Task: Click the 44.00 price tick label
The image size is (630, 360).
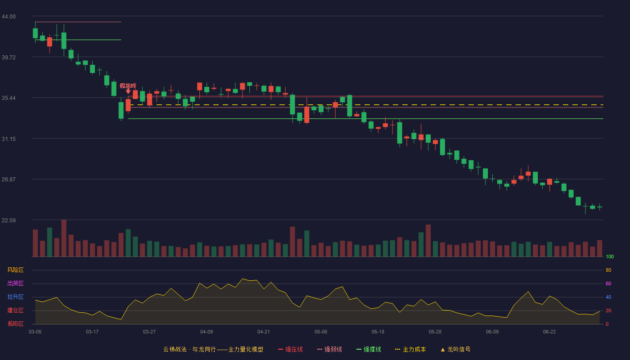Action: [9, 17]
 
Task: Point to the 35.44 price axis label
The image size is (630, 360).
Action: [9, 98]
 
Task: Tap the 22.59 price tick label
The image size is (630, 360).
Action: [9, 220]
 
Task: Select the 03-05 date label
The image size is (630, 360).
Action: [35, 332]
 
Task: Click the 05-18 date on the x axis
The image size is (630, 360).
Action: [378, 332]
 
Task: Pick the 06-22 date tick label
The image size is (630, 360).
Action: [549, 332]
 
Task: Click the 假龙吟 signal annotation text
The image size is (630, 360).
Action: [128, 85]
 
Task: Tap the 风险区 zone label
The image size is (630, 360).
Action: [15, 270]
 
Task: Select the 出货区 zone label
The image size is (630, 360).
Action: [15, 283]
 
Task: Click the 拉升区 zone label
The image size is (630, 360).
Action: [15, 297]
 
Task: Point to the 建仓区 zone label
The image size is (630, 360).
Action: [15, 310]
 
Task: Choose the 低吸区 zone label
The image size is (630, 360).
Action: [15, 324]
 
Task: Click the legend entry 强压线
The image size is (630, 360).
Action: [290, 349]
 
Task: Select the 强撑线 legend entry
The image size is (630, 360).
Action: [369, 349]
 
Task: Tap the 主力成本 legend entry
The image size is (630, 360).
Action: [410, 349]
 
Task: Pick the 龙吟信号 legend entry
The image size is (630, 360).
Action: [455, 349]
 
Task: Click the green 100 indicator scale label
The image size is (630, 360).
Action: [610, 256]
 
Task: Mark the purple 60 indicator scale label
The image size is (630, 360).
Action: [608, 283]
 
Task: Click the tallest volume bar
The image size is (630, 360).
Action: [64, 238]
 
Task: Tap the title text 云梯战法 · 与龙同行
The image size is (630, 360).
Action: [189, 349]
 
